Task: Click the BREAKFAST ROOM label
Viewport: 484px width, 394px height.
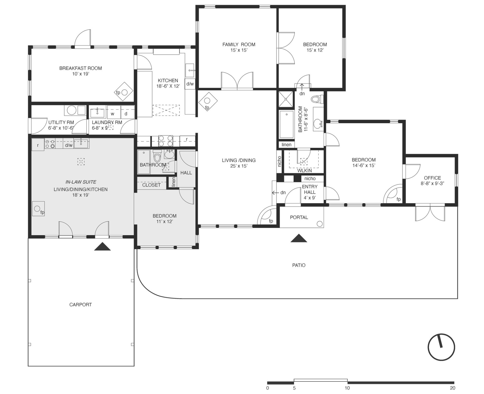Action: pyautogui.click(x=81, y=68)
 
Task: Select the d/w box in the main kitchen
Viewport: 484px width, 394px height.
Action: pyautogui.click(x=190, y=84)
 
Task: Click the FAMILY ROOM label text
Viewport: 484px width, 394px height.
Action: pyautogui.click(x=239, y=45)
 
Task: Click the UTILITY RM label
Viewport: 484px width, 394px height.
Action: pyautogui.click(x=61, y=123)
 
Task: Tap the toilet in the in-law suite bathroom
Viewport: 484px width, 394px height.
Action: pyautogui.click(x=157, y=156)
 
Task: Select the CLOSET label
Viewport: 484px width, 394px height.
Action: pyautogui.click(x=151, y=185)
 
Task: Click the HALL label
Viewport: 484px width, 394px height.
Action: pyautogui.click(x=186, y=173)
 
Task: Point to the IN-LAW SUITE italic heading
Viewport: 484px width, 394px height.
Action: pyautogui.click(x=81, y=182)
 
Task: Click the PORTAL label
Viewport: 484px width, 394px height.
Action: pyautogui.click(x=299, y=218)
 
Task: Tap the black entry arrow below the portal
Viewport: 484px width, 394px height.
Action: pyautogui.click(x=299, y=238)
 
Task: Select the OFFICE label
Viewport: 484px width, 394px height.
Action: pyautogui.click(x=432, y=178)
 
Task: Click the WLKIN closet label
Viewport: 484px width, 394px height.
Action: pyautogui.click(x=304, y=171)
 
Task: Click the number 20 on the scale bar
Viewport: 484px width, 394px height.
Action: pyautogui.click(x=452, y=388)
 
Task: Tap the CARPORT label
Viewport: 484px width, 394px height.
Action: pyautogui.click(x=81, y=305)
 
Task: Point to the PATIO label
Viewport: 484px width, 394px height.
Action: pyautogui.click(x=299, y=265)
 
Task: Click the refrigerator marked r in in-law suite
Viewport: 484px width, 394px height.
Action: pyautogui.click(x=38, y=145)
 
